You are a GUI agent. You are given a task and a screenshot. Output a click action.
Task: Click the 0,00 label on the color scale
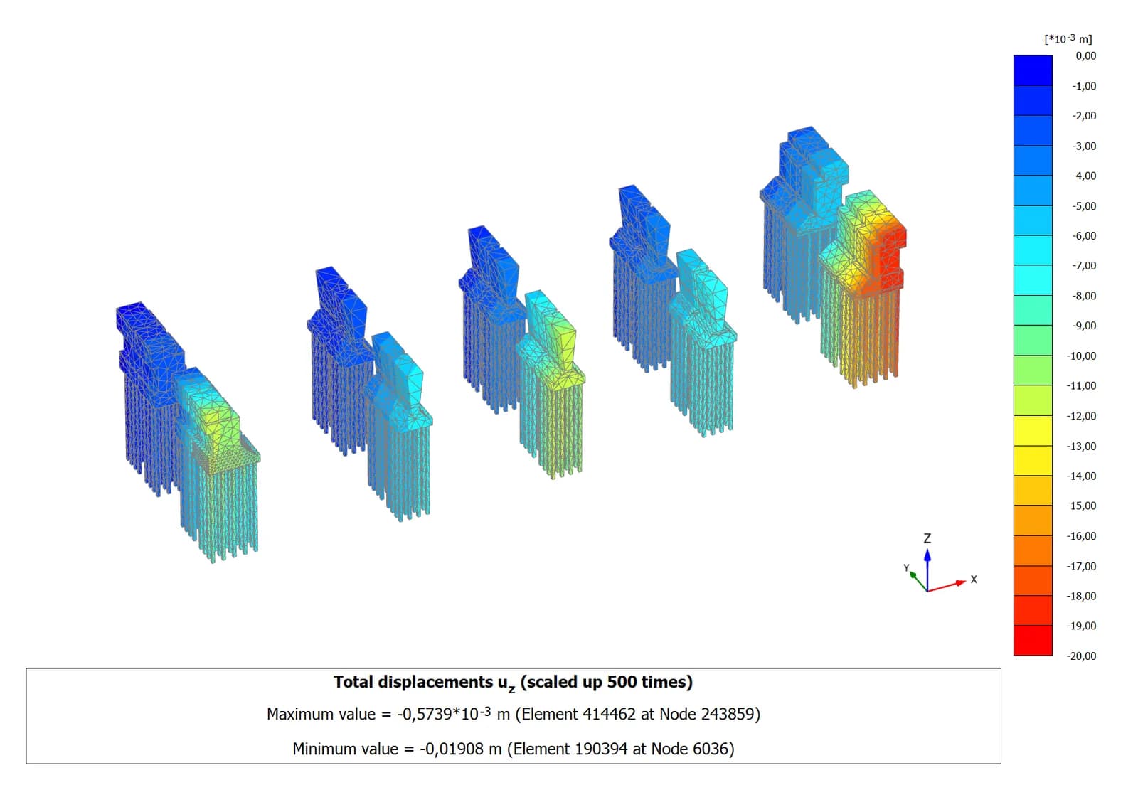(x=1085, y=56)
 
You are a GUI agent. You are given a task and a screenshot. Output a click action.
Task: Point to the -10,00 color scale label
(x=1081, y=356)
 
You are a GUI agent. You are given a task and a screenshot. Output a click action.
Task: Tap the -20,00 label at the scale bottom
(x=1081, y=656)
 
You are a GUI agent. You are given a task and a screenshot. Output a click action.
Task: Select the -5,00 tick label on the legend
(x=1084, y=205)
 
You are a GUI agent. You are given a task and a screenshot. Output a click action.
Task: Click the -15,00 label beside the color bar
(x=1081, y=506)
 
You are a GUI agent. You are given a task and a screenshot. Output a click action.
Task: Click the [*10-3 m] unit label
(x=1068, y=38)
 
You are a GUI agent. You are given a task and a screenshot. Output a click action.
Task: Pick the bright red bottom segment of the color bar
(x=1033, y=641)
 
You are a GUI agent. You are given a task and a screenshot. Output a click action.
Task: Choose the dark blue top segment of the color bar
(x=1033, y=70)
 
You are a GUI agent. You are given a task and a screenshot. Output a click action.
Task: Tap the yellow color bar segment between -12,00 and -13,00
(x=1033, y=431)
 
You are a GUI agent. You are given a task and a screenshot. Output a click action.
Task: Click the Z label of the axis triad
(x=927, y=538)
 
